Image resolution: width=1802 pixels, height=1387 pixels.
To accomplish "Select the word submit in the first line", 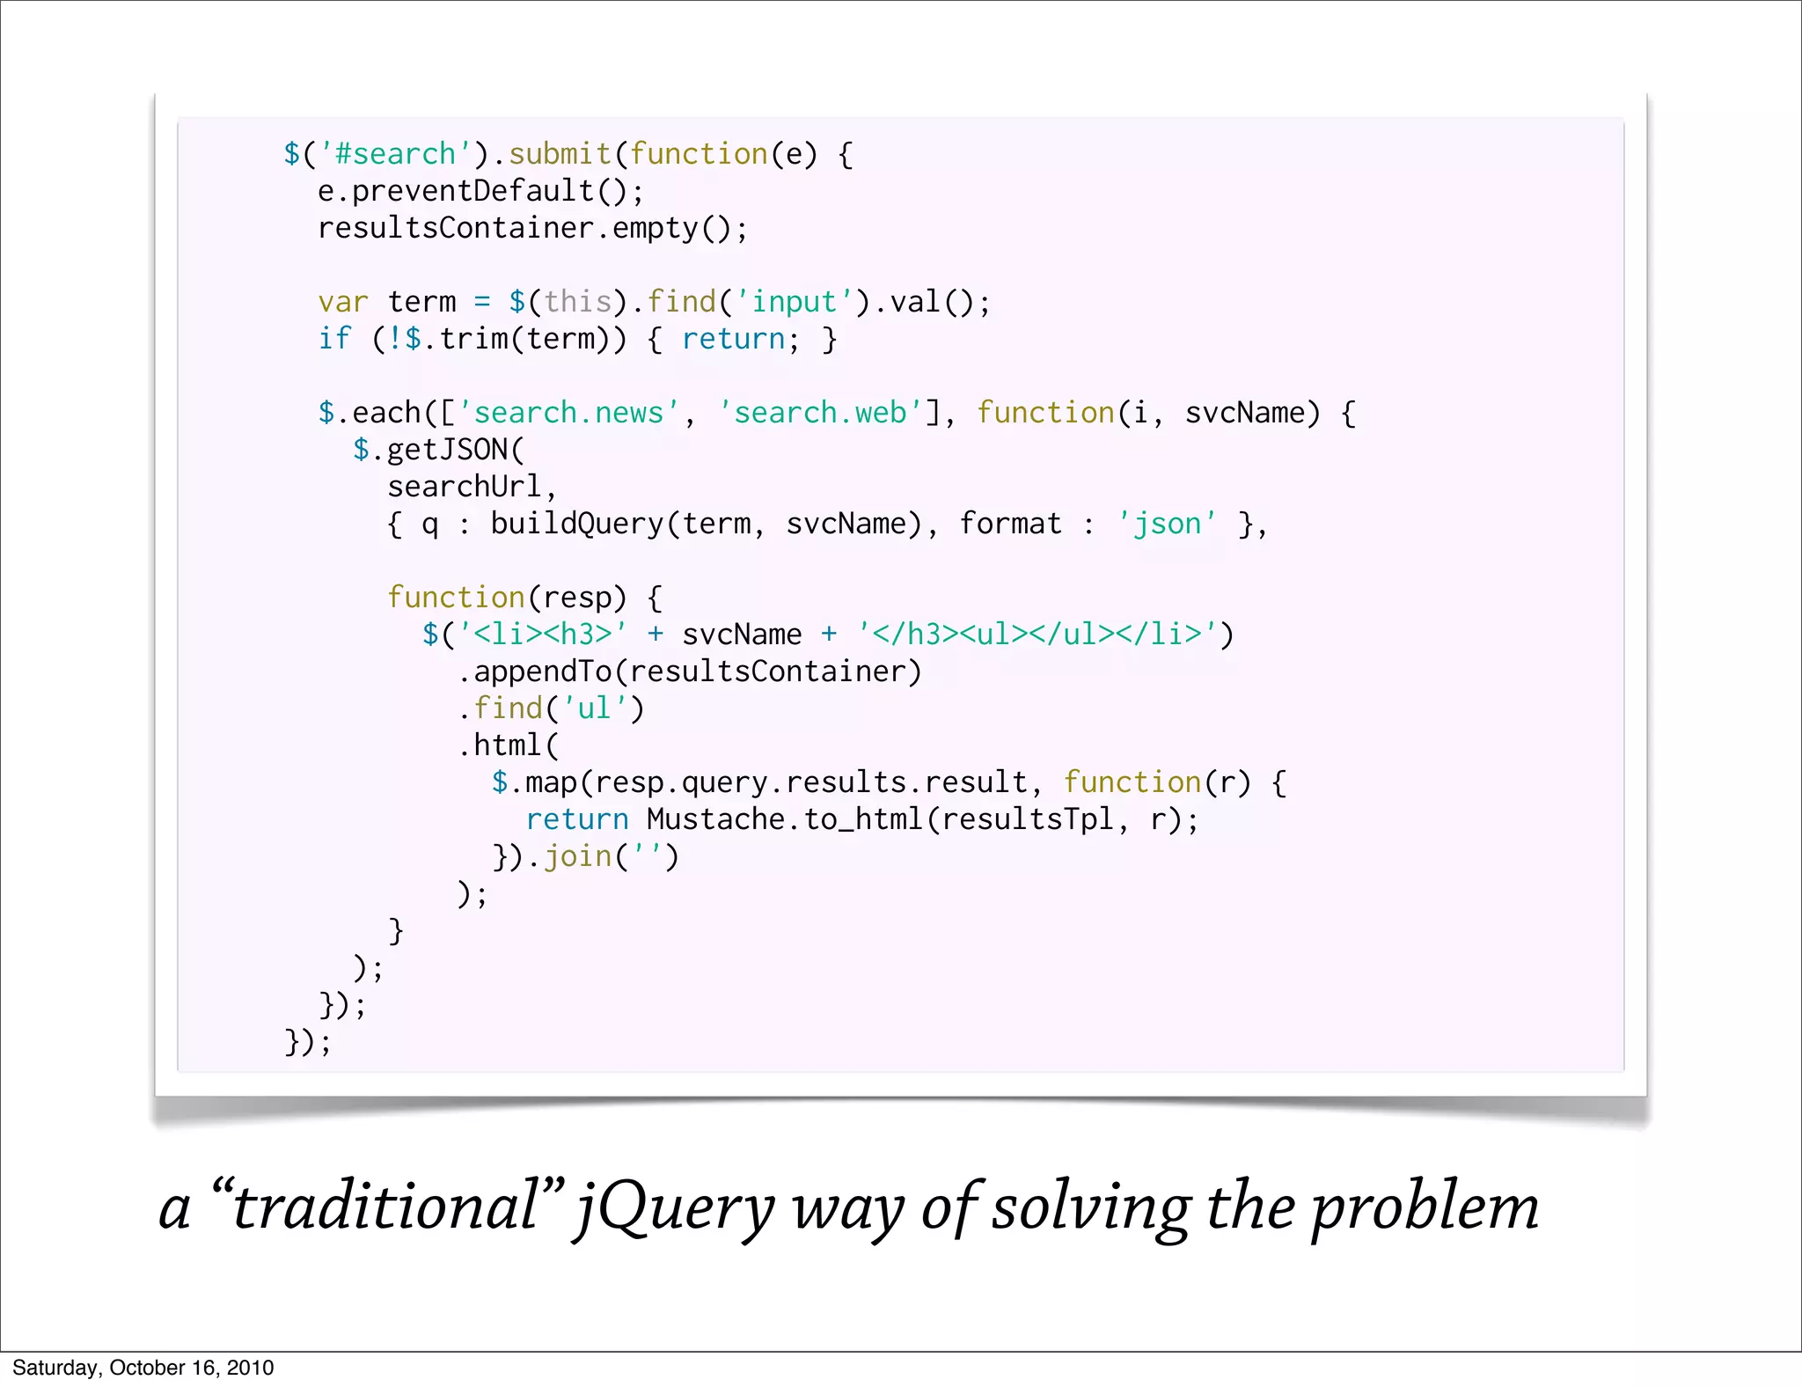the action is [x=560, y=154].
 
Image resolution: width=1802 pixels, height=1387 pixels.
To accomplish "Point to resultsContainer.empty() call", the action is [x=532, y=228].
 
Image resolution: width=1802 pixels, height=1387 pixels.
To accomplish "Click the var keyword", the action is [x=343, y=302].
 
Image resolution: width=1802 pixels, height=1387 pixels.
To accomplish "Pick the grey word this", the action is [x=577, y=302].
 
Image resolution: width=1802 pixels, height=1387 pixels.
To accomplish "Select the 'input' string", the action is [x=794, y=302].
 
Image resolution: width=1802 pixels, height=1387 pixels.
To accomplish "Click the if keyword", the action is [x=334, y=339].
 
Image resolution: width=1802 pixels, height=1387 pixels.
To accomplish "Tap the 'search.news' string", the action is [x=568, y=413].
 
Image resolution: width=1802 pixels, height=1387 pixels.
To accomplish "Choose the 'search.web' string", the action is [x=820, y=413].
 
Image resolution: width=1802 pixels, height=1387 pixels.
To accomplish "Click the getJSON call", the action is [x=447, y=450].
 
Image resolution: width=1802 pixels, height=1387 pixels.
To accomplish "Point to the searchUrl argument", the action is [x=465, y=487].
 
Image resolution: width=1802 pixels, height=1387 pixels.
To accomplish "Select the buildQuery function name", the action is [x=576, y=524].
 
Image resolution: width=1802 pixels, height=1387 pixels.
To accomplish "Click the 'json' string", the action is [x=1167, y=524].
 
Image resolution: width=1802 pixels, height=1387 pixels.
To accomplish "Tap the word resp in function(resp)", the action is [x=577, y=598].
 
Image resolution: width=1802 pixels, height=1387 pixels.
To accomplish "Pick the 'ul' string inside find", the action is [x=595, y=708].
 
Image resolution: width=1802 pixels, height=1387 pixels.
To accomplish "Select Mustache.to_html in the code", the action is [x=785, y=819].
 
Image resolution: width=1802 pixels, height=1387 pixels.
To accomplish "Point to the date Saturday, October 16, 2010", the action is [x=143, y=1368].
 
